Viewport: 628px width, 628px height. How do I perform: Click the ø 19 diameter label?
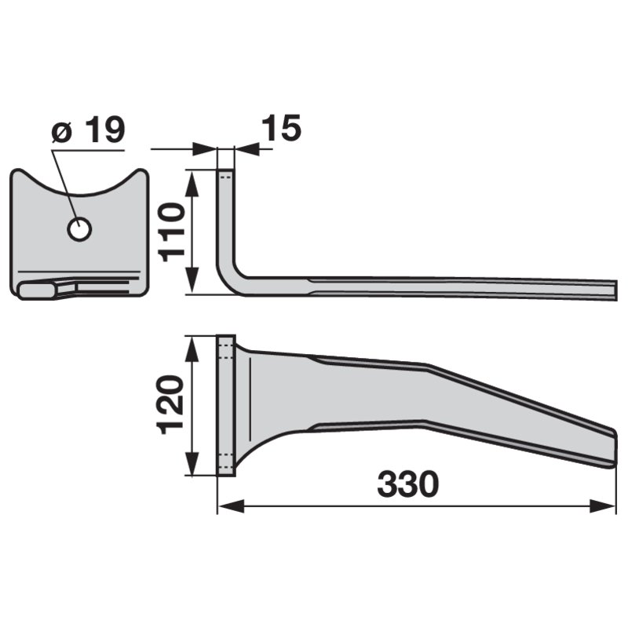pyautogui.click(x=89, y=130)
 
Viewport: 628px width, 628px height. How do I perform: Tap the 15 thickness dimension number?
pyautogui.click(x=281, y=128)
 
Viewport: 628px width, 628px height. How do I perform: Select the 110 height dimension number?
pyautogui.click(x=172, y=232)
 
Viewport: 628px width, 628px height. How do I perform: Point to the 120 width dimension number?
pyautogui.click(x=172, y=404)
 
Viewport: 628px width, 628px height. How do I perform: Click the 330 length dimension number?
pyautogui.click(x=407, y=484)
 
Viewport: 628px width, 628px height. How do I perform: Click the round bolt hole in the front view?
pyautogui.click(x=80, y=229)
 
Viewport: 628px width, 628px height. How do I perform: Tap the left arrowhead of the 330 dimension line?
pyautogui.click(x=232, y=506)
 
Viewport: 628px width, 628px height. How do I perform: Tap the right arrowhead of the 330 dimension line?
pyautogui.click(x=602, y=506)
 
